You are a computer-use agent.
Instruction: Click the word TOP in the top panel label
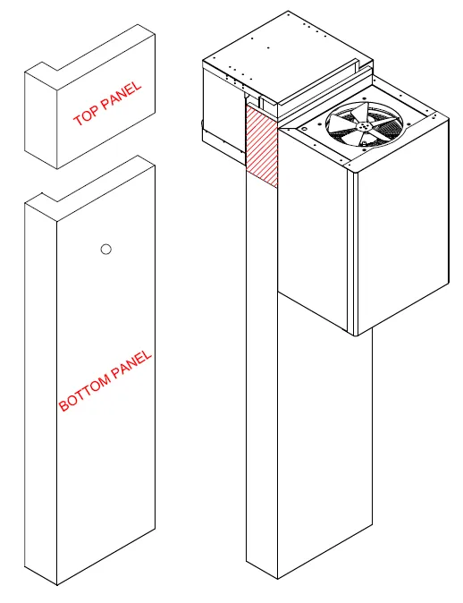point(88,115)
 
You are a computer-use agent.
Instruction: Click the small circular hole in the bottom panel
point(105,250)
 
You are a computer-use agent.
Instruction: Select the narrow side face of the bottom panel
point(40,394)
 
